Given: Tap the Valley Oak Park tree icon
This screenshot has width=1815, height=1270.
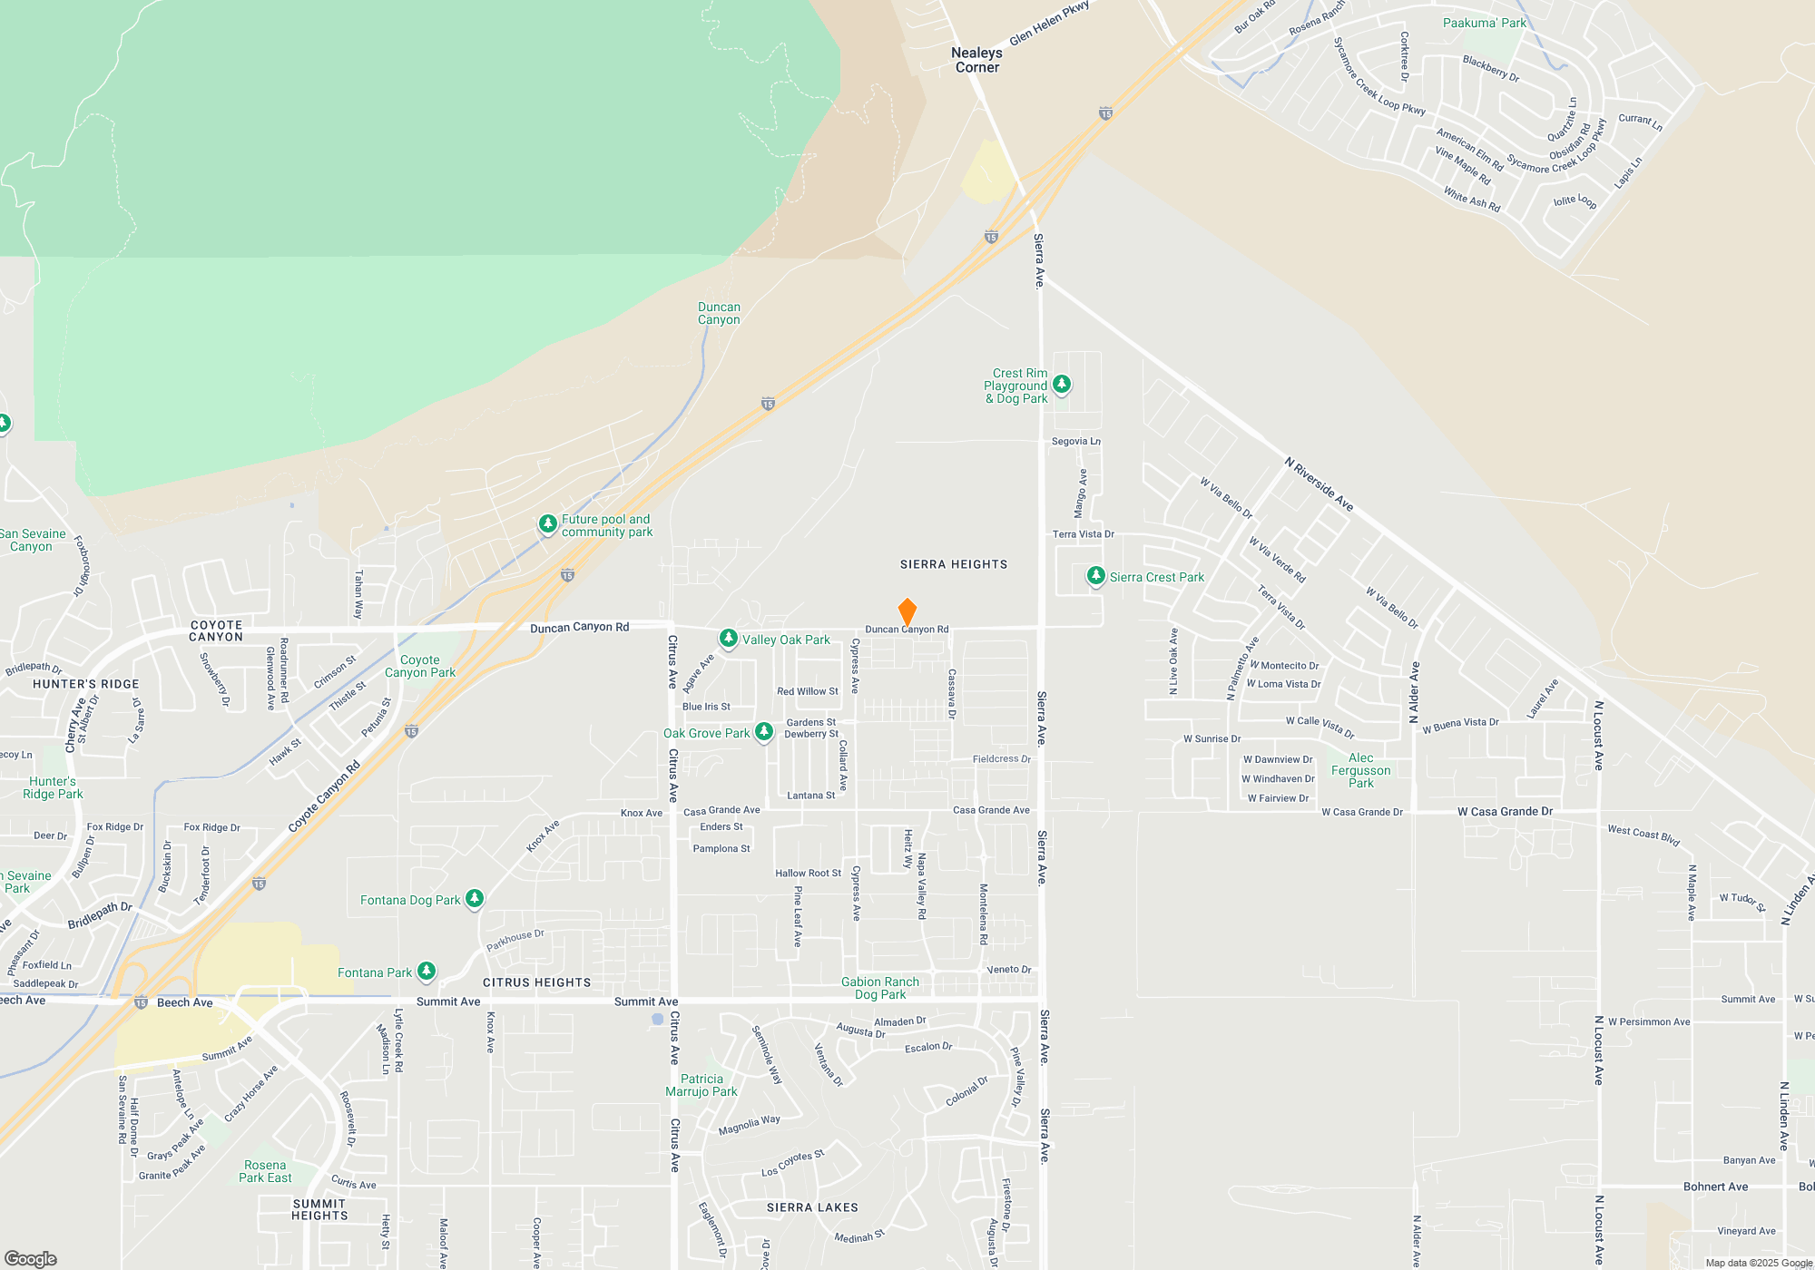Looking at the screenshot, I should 729,640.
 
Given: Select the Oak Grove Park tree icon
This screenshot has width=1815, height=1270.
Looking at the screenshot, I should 764,732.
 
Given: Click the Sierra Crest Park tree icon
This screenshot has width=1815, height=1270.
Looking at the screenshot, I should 1096,576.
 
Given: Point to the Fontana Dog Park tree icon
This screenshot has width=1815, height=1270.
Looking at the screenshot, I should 474,899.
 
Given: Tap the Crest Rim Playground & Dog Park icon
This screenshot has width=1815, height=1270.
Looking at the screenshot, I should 1061,385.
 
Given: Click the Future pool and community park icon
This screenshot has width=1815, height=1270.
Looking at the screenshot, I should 547,523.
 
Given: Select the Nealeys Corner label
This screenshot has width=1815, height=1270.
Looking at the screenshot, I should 976,60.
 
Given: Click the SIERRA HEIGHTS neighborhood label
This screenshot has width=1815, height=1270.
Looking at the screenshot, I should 954,564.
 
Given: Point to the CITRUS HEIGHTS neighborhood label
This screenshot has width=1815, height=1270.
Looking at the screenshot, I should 536,982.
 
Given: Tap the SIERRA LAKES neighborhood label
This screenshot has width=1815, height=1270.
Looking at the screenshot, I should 812,1207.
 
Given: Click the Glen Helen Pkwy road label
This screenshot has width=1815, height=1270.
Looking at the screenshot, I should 1049,23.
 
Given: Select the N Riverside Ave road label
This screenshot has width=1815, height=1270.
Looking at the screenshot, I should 1319,484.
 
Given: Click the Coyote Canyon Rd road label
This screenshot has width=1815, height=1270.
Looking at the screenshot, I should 324,796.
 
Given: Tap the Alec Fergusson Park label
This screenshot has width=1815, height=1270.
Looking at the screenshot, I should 1360,770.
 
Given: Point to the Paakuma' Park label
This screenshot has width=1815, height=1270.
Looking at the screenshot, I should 1485,23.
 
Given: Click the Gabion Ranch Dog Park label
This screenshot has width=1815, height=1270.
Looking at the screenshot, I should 880,988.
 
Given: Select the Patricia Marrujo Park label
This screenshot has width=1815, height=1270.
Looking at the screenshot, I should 701,1085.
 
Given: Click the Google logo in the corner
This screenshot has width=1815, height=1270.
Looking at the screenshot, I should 31,1259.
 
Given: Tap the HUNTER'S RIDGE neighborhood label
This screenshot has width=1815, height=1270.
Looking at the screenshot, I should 86,684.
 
